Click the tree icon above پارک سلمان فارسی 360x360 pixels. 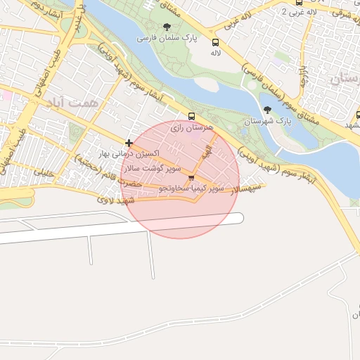[x=167, y=27]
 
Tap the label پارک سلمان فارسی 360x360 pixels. [x=167, y=37]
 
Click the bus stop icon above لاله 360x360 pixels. [x=215, y=43]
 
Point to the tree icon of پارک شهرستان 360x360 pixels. [x=267, y=109]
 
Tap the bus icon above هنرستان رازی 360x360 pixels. [x=192, y=117]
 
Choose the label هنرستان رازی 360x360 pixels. [x=187, y=128]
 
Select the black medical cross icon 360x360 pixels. [x=129, y=143]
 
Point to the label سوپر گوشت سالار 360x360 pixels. [x=153, y=169]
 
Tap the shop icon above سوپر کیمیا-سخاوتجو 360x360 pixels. [x=191, y=178]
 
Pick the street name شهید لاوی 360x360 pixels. [x=117, y=200]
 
